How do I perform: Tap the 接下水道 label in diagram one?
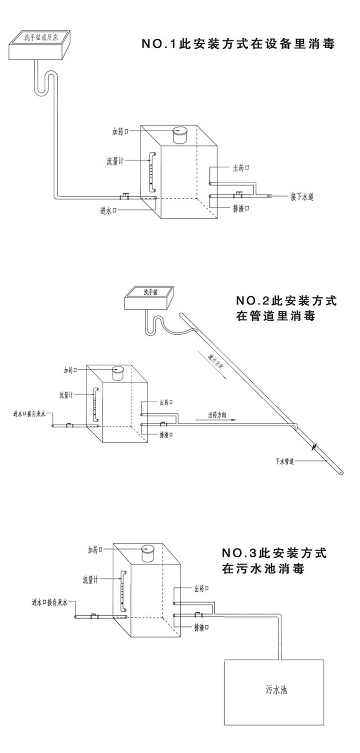tap(301, 197)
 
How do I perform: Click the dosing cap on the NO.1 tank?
tap(180, 134)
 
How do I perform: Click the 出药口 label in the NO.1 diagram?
tap(241, 168)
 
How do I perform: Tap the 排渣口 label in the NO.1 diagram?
tap(241, 209)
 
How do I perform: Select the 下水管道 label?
tap(284, 462)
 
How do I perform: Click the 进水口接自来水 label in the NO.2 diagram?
tap(30, 413)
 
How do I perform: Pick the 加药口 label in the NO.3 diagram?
tap(95, 550)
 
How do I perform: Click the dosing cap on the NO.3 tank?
tap(148, 552)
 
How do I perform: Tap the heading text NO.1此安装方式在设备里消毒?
tap(238, 45)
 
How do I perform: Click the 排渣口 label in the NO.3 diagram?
tap(202, 627)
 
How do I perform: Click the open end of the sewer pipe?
tap(342, 473)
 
